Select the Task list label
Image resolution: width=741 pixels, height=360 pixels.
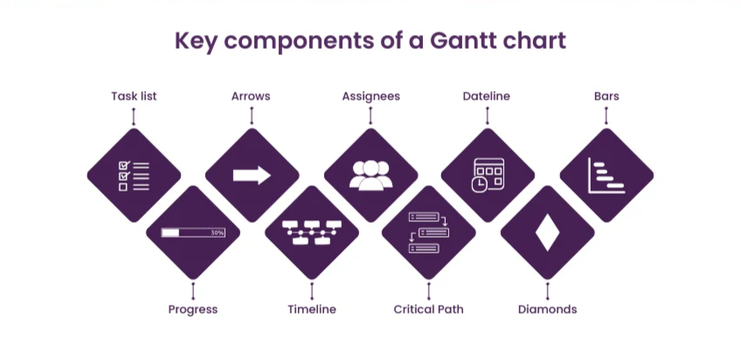point(134,96)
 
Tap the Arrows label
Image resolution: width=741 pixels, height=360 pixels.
point(251,96)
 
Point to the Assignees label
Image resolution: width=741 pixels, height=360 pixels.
point(370,96)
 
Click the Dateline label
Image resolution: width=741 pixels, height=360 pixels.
point(487,96)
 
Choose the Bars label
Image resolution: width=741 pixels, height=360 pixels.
point(606,96)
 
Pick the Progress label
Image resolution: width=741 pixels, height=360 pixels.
point(192,309)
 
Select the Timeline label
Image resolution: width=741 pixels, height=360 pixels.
point(312,309)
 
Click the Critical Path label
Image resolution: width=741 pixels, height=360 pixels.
point(428,309)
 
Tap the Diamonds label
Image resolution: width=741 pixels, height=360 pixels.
point(547,309)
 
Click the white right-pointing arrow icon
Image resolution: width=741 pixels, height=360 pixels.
point(252,175)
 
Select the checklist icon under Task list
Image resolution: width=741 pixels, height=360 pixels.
point(134,175)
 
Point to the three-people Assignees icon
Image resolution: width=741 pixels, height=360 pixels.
point(370,175)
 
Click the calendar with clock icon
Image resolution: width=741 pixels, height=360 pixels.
point(487,175)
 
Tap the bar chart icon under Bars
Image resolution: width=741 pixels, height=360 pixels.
point(606,175)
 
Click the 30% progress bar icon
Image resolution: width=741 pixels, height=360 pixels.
point(193,233)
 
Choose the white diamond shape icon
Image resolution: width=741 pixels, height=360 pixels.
point(547,233)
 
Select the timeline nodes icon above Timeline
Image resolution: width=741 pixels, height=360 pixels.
point(312,232)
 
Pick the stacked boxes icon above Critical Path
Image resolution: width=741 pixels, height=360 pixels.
point(428,232)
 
